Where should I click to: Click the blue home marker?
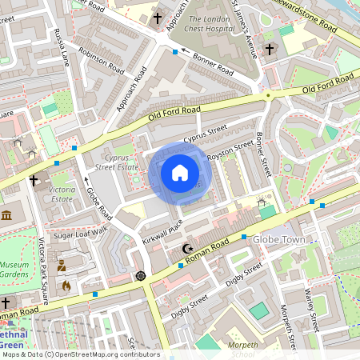[x=179, y=173]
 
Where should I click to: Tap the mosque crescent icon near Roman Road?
[x=188, y=249]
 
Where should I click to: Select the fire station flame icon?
[x=66, y=284]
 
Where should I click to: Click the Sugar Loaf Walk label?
[x=80, y=232]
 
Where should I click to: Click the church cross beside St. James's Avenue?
[x=270, y=50]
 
